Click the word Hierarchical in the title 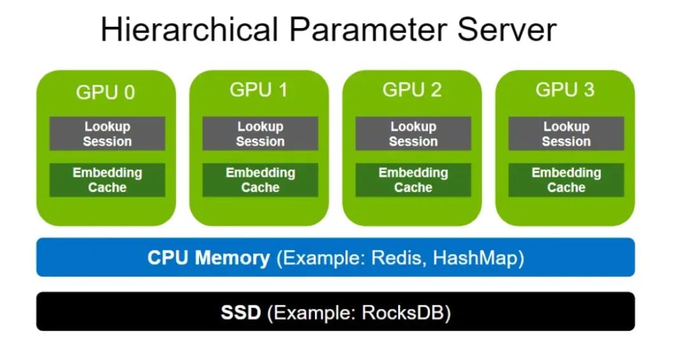click(x=190, y=29)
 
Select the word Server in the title click(x=507, y=29)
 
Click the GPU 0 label click(x=106, y=92)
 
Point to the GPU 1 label click(x=258, y=90)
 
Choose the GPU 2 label click(x=412, y=90)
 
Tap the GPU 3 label click(x=565, y=90)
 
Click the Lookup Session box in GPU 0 click(x=108, y=134)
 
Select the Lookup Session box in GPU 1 click(x=260, y=134)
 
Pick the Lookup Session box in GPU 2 click(x=413, y=134)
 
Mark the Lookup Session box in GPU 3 click(x=566, y=134)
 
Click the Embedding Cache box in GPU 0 click(x=108, y=180)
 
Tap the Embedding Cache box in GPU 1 click(x=260, y=180)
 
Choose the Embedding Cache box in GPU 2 click(x=413, y=180)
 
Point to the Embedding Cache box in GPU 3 click(x=566, y=180)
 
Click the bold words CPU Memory click(x=209, y=258)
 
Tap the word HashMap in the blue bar click(x=476, y=258)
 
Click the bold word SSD click(x=241, y=313)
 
